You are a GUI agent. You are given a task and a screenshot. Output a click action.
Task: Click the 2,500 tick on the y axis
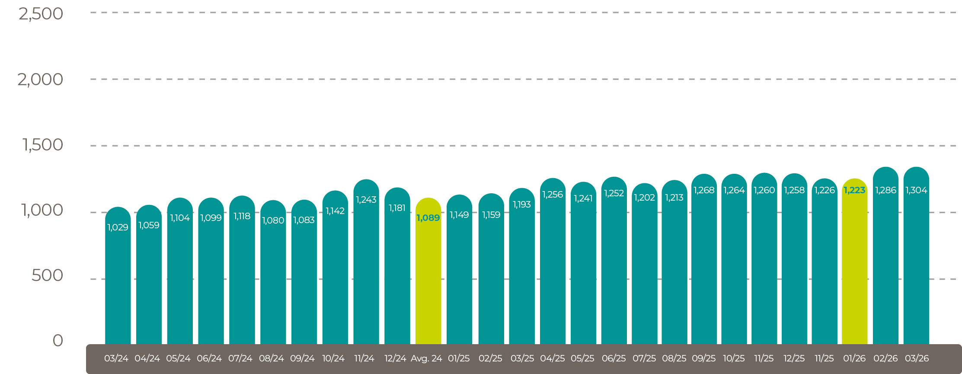(x=41, y=14)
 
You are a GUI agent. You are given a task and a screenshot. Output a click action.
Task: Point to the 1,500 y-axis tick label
(x=43, y=145)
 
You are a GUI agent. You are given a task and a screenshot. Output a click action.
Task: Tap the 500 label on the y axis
(x=48, y=275)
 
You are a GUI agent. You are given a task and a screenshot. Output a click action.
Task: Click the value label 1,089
(x=428, y=218)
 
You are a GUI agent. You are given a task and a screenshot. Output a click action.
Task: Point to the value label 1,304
(x=916, y=190)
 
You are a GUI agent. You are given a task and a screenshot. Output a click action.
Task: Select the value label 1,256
(x=553, y=195)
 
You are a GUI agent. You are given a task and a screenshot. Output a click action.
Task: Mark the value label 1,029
(x=118, y=227)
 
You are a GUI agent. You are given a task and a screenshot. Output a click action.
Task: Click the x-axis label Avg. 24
(x=426, y=358)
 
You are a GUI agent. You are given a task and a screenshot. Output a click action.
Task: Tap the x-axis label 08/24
(x=272, y=358)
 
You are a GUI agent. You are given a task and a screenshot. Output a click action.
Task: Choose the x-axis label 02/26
(x=885, y=358)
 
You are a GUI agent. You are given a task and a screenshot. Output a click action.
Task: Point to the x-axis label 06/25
(x=614, y=358)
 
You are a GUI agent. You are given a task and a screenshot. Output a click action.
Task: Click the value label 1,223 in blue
(x=854, y=190)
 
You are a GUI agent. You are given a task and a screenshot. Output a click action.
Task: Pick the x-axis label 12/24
(x=395, y=358)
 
